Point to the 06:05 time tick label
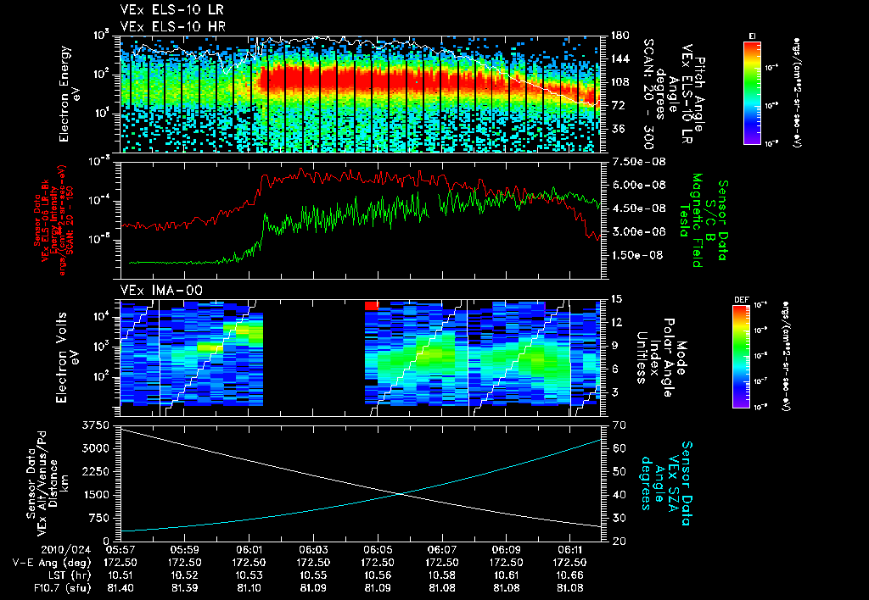[x=378, y=549]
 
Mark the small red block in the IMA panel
[x=371, y=304]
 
